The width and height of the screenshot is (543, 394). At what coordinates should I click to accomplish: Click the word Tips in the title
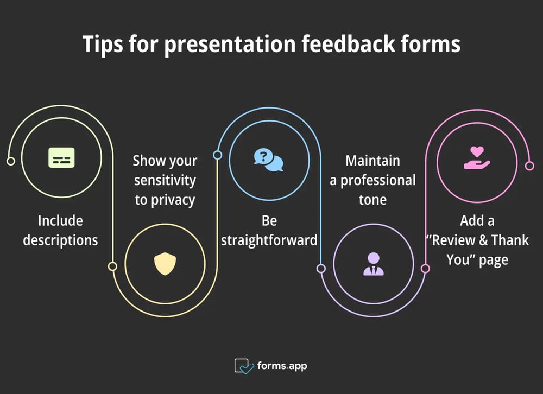103,44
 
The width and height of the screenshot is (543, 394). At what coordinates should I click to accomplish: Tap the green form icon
61,157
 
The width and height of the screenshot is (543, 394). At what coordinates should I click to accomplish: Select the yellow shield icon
165,264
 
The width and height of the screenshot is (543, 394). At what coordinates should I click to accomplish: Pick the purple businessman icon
373,264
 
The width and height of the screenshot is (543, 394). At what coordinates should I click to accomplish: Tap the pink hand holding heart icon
477,158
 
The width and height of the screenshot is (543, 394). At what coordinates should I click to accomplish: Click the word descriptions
60,240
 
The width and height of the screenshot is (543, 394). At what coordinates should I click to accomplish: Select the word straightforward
269,240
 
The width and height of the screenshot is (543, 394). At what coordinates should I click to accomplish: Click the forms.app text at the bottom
282,366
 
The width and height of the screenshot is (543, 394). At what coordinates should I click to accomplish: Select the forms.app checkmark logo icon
244,366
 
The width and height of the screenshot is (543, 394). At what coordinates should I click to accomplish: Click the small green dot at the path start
10,161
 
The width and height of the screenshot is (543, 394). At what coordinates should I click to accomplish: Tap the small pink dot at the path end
529,166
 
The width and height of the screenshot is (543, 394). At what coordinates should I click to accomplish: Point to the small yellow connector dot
112,266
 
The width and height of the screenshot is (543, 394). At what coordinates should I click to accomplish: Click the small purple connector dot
321,268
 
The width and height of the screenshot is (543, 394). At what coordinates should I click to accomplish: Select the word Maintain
372,161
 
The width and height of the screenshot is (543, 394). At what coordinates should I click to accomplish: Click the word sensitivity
165,180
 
